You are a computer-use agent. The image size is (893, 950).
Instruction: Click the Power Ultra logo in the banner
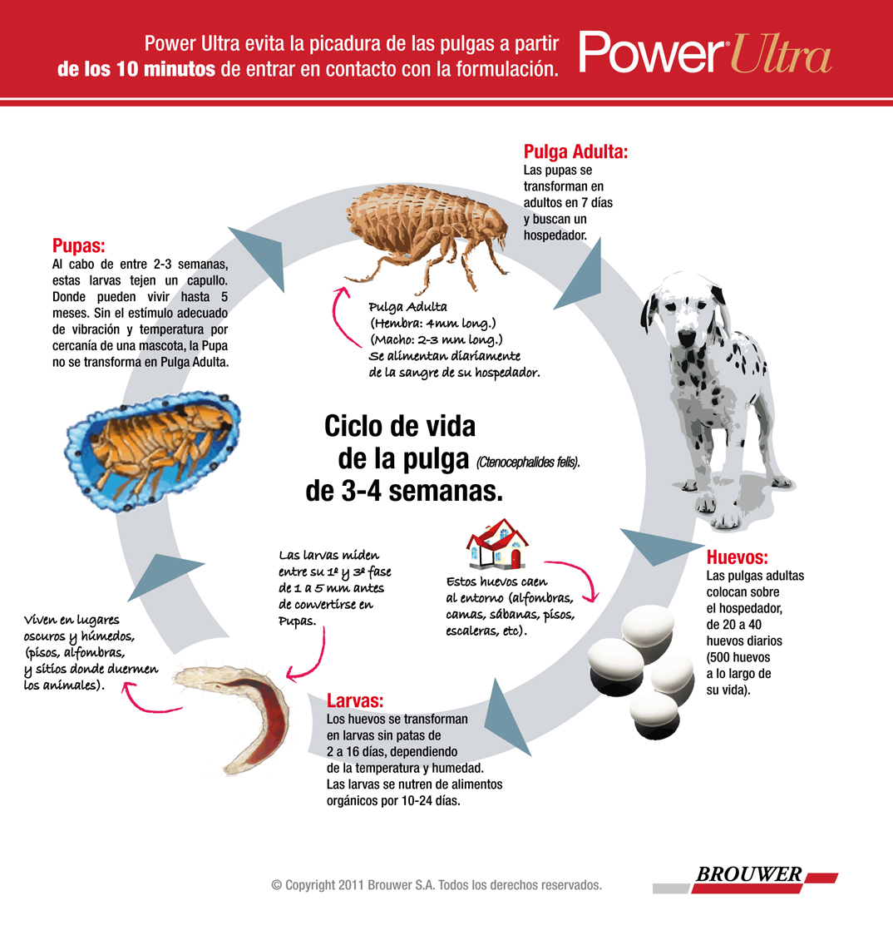[x=705, y=52]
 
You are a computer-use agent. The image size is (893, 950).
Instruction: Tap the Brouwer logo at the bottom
[x=746, y=879]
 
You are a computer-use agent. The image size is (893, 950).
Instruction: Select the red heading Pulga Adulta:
[x=575, y=151]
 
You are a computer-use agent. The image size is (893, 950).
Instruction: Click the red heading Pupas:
[x=79, y=245]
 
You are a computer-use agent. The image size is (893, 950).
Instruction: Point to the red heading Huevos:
[x=737, y=557]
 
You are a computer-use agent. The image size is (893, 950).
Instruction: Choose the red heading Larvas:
[x=355, y=700]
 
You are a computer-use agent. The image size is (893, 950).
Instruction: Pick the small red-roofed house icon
[x=496, y=543]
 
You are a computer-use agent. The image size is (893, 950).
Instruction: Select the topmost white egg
[x=648, y=626]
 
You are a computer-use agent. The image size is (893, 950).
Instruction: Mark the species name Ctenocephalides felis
[x=528, y=463]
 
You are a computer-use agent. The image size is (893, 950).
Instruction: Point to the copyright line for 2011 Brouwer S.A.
[x=437, y=884]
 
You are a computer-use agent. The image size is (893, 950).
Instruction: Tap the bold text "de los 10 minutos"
[x=136, y=68]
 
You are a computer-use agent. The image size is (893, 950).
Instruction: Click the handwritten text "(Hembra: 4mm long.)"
[x=433, y=323]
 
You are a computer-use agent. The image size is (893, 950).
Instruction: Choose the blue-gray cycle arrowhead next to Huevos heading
[x=657, y=545]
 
